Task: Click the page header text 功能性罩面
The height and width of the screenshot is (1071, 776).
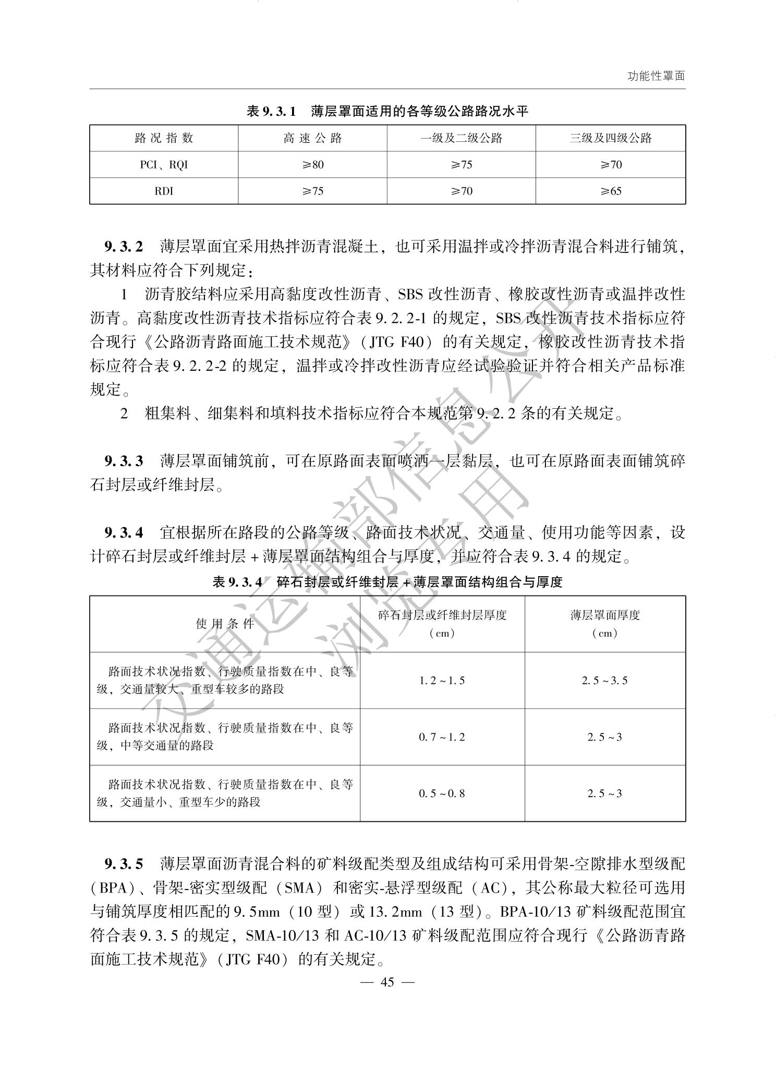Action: [656, 76]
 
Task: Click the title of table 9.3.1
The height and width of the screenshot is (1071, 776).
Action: [387, 111]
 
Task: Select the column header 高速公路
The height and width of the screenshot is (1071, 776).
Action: [312, 138]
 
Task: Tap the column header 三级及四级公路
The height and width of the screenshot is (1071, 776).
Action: [610, 138]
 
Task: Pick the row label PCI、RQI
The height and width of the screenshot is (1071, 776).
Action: [164, 165]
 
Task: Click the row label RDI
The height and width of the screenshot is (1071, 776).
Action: [164, 191]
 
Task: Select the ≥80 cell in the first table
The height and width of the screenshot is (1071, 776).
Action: [312, 165]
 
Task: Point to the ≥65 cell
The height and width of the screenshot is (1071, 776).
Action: [610, 191]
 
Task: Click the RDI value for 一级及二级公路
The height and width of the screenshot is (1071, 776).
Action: [461, 191]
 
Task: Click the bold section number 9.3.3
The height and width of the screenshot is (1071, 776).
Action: [124, 461]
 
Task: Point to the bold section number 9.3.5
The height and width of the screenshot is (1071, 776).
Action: [124, 864]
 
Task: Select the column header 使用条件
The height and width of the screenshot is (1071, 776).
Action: [225, 624]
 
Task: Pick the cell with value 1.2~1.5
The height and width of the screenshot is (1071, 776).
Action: [442, 680]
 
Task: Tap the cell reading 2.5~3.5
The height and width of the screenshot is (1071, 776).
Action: [605, 680]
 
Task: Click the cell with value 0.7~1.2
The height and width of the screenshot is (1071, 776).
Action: [442, 737]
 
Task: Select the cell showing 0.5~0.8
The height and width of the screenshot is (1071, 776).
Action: [442, 794]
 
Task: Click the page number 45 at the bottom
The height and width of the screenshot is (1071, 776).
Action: [387, 982]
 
